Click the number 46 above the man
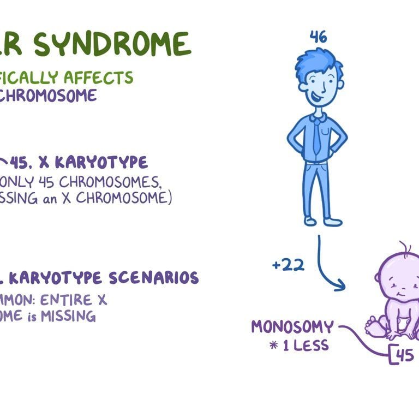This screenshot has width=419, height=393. pyautogui.click(x=318, y=37)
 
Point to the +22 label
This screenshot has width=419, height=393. pyautogui.click(x=288, y=265)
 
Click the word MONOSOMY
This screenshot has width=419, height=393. pyautogui.click(x=292, y=327)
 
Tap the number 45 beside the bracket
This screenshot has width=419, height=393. pyautogui.click(x=404, y=355)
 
